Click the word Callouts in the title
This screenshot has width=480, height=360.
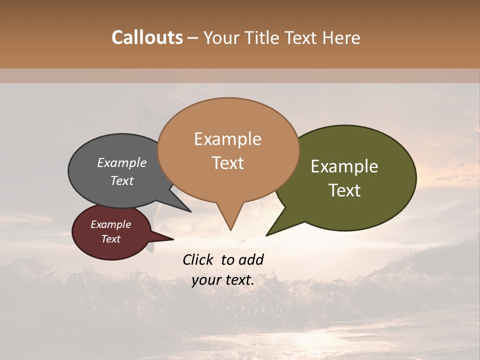(147, 37)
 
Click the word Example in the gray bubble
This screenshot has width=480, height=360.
(121, 163)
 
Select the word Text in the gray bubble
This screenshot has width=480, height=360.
(122, 180)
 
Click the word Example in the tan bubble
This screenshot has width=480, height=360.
(227, 139)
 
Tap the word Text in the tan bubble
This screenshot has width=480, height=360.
(227, 163)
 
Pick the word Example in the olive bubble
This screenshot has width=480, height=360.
(344, 166)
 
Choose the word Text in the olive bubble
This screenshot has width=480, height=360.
(344, 190)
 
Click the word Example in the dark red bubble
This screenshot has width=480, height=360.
(110, 224)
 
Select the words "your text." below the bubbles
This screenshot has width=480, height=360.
(223, 280)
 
